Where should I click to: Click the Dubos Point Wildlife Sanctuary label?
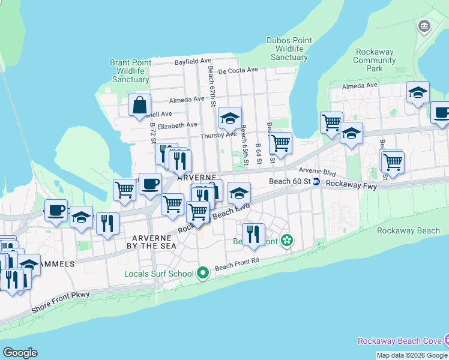[x=289, y=49]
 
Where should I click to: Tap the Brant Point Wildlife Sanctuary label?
[x=130, y=71]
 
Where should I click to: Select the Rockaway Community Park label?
[x=375, y=60]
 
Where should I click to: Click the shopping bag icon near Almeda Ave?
[x=139, y=106]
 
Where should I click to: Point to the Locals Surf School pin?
[x=203, y=274]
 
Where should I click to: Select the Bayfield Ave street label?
[x=193, y=61]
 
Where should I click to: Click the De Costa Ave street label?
[x=238, y=70]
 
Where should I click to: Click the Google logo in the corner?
[x=20, y=353]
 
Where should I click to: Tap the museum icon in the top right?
[x=425, y=26]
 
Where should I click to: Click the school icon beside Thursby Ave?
[x=229, y=119]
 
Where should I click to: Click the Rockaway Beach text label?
[x=408, y=230]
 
